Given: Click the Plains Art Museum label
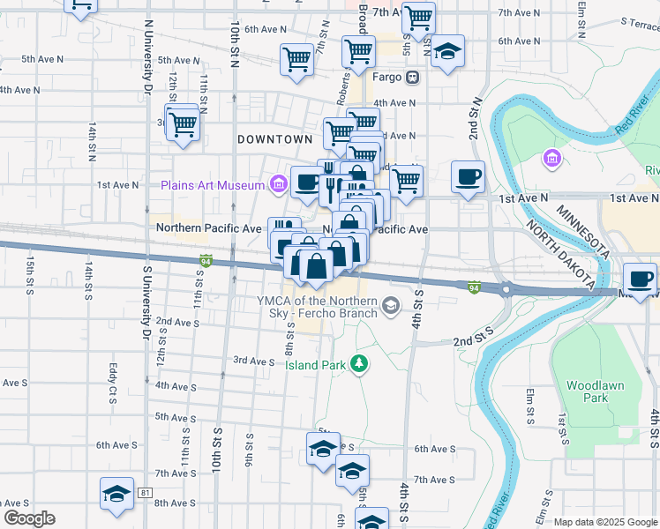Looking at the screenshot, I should click(213, 185).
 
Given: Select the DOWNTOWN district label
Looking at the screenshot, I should click(275, 139).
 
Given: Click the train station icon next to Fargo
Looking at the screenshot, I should click(412, 78).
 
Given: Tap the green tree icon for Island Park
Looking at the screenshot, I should click(358, 363).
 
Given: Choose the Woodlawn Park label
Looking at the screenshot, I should click(588, 391).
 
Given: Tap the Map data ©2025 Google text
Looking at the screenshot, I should click(604, 522).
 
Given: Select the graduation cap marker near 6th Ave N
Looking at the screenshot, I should click(448, 51).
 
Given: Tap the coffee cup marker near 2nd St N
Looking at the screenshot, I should click(468, 175).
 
